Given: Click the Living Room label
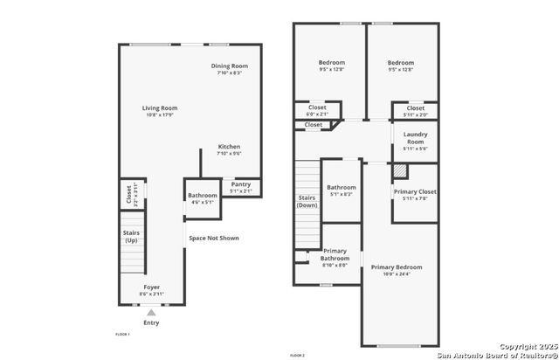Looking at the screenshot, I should (160, 108).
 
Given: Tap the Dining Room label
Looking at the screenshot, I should (230, 66).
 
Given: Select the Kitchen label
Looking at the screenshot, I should (229, 147).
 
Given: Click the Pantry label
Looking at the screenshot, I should (240, 184).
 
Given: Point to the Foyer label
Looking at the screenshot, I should (152, 287).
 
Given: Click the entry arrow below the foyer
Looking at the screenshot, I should (152, 311).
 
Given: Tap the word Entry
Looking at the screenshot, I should (152, 322).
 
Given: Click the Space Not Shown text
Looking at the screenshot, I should (214, 238).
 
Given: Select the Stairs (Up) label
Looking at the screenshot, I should (130, 236).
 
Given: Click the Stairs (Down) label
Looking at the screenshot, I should (307, 201).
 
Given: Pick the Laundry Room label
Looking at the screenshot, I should (415, 138).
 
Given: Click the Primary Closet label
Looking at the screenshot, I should (415, 191).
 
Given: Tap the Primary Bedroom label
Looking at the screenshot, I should (396, 267).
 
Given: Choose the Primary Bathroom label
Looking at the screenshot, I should (335, 254).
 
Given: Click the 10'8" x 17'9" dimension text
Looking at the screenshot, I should (160, 115).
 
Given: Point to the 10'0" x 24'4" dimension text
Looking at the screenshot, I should (396, 274).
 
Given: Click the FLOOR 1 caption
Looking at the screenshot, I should (122, 335).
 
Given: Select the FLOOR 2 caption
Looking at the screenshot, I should (297, 356).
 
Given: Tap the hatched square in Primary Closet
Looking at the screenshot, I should (400, 171).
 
